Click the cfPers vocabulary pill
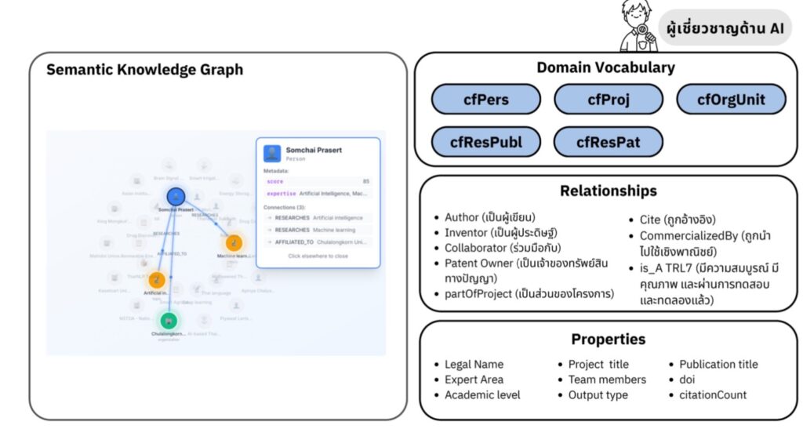click(x=485, y=100)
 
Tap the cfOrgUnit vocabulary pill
click(x=731, y=100)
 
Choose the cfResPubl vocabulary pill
click(x=485, y=142)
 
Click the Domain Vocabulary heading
click(x=605, y=67)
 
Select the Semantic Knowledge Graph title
click(x=145, y=70)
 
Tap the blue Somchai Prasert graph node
click(x=176, y=197)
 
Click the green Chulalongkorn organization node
click(x=169, y=320)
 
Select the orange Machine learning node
click(x=234, y=243)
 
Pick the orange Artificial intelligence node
click(x=157, y=279)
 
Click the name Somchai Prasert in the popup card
click(x=314, y=150)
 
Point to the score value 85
click(x=365, y=181)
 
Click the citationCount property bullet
click(x=713, y=394)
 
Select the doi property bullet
click(x=687, y=380)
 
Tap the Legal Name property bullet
click(x=474, y=365)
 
